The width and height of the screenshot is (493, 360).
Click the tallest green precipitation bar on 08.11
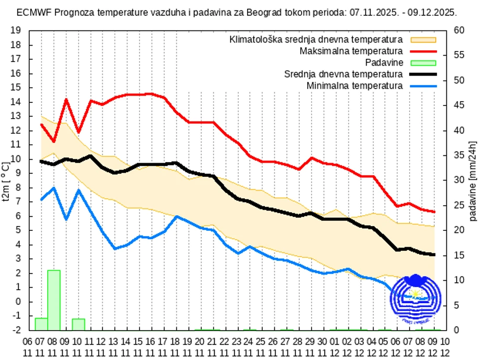click(54, 300)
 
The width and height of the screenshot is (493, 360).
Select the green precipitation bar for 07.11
click(41, 324)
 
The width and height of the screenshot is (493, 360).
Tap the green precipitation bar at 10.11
click(79, 324)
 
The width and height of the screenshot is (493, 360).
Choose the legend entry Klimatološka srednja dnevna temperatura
click(316, 40)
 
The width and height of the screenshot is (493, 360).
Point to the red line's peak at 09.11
click(66, 99)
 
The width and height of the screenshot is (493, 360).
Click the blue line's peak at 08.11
click(53, 188)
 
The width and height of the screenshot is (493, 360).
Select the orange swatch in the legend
click(423, 40)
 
